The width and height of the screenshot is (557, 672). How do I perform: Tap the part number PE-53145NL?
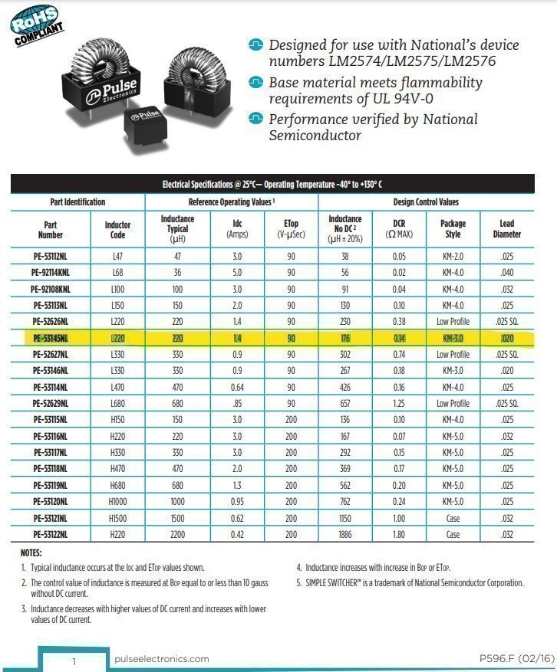point(51,337)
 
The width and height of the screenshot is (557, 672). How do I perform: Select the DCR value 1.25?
point(400,403)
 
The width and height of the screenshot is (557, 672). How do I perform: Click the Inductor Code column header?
point(117,229)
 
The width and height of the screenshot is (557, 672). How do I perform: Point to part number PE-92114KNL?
point(51,272)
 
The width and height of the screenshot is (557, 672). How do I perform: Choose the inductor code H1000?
point(117,501)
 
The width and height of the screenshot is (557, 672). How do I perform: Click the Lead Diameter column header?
point(506,229)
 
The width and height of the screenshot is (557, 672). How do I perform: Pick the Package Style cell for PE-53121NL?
point(453,518)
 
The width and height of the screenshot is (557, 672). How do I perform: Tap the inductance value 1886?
point(345,534)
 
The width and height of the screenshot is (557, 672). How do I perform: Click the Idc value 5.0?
point(237,272)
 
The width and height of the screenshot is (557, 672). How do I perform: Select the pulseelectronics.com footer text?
point(161,659)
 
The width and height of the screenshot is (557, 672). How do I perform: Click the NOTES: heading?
point(31,552)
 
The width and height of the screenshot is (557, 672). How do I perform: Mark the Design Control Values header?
point(426,202)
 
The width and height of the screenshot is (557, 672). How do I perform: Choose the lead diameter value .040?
point(506,272)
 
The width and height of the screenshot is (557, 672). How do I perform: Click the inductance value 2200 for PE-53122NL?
point(177,534)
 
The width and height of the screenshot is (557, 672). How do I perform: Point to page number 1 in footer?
point(74,661)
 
